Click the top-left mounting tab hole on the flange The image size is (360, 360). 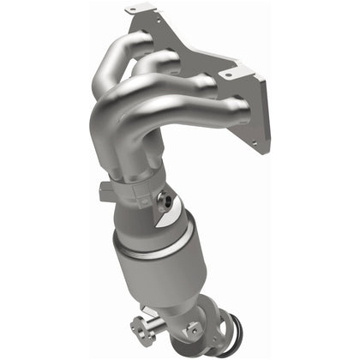[130, 11]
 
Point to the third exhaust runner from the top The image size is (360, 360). [184, 86]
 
